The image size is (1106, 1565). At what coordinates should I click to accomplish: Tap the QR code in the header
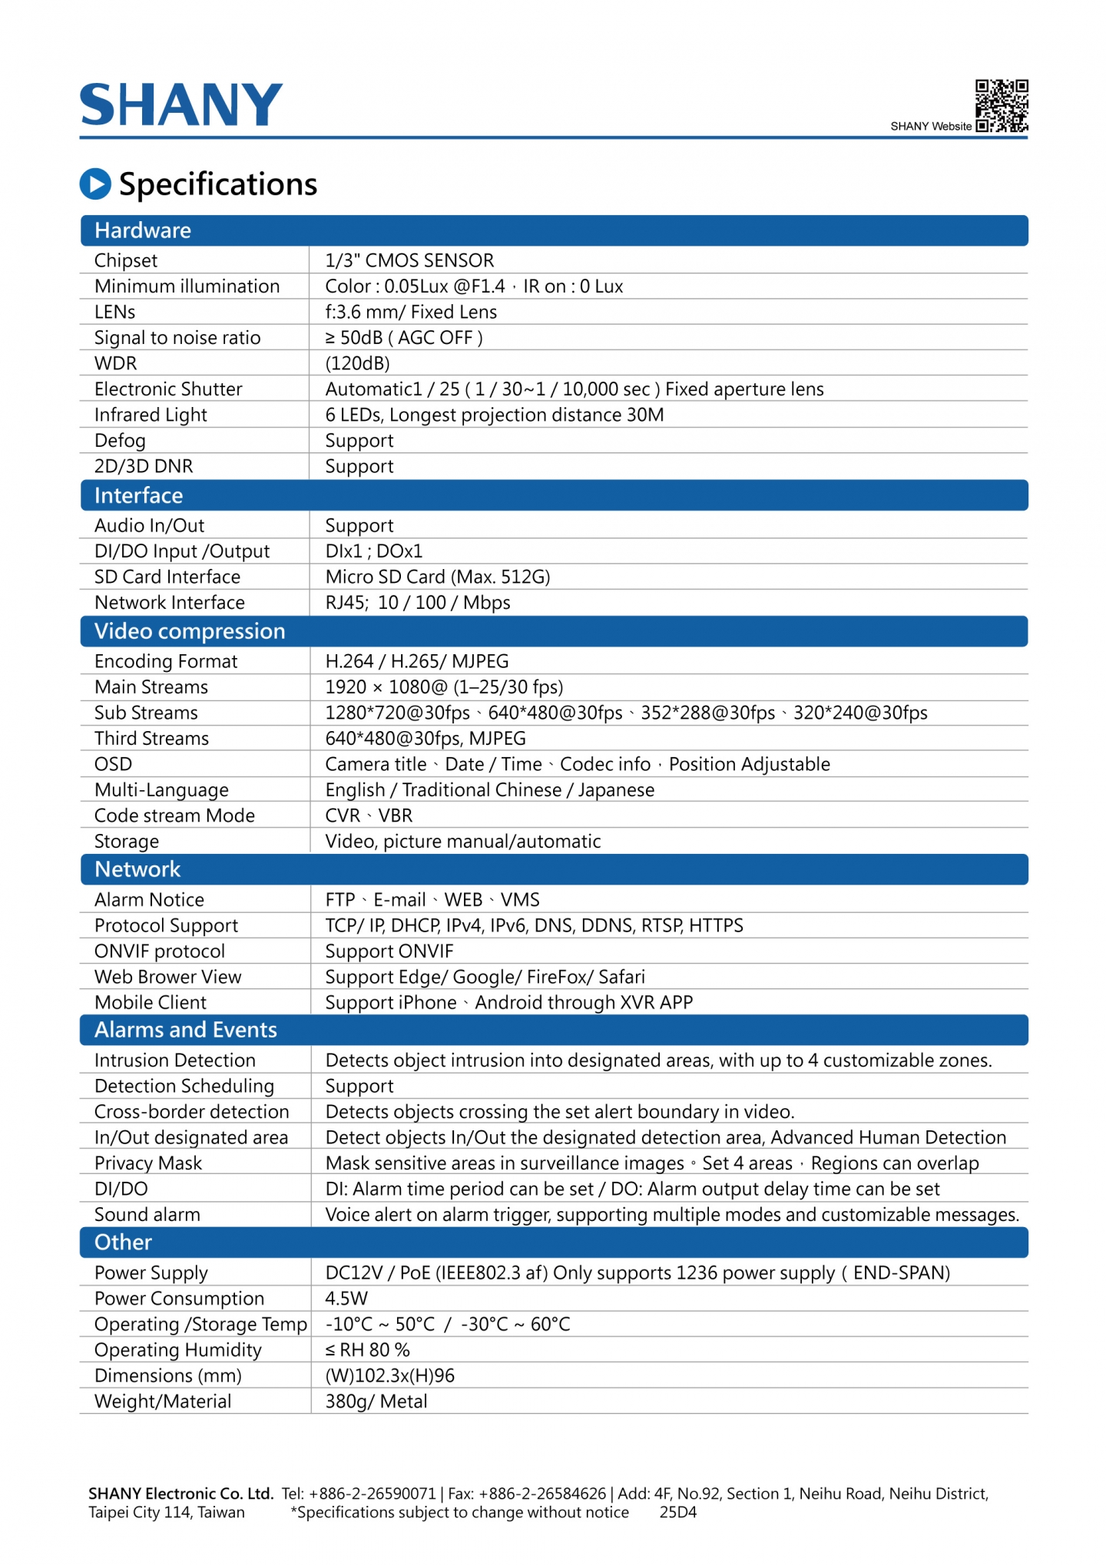coord(1002,106)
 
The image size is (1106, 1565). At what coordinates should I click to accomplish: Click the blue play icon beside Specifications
coord(95,184)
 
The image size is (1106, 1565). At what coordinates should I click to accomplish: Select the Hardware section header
coord(143,230)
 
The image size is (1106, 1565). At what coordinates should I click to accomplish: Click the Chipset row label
coord(126,260)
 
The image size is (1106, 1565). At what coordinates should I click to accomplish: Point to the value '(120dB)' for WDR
coord(358,363)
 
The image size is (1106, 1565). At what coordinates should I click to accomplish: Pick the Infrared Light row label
coord(151,415)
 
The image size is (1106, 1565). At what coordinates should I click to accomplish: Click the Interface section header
coord(138,495)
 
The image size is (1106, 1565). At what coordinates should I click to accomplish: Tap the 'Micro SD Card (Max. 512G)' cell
coord(438,577)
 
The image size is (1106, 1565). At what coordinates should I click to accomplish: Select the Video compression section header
coord(190,631)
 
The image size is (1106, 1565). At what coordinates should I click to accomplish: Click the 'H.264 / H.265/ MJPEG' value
coord(417,661)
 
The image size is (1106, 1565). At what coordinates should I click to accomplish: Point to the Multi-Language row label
coord(161,789)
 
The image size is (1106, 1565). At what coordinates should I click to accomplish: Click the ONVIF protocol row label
coord(160,951)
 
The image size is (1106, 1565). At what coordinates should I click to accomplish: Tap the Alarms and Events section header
coord(186,1030)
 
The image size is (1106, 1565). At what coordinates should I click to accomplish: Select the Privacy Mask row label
coord(148,1163)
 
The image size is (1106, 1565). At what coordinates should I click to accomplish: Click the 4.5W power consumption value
coord(346,1299)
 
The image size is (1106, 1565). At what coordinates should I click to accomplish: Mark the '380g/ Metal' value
coord(376,1401)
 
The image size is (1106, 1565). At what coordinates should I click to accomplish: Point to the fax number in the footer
coord(542,1494)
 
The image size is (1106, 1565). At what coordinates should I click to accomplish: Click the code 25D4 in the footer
coord(678,1513)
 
